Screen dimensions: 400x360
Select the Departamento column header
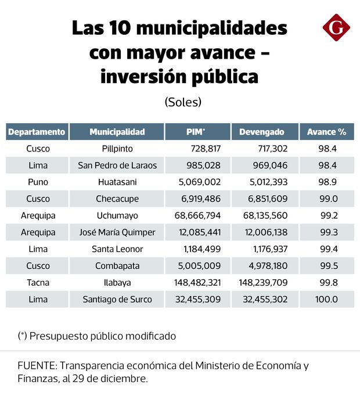37,132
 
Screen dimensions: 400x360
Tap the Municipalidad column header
117,132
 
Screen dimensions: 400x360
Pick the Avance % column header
326,132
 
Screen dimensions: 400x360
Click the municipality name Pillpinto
117,149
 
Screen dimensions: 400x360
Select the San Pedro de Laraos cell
117,165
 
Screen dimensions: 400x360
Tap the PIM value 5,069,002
198,182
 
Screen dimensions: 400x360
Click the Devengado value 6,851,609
264,199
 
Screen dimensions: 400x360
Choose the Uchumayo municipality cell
117,216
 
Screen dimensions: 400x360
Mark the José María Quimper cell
117,233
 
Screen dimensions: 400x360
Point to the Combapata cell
117,266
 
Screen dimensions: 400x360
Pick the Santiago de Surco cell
117,300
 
